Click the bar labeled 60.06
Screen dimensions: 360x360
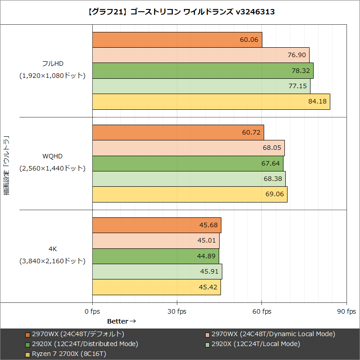pos(177,40)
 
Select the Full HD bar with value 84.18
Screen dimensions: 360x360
pos(211,102)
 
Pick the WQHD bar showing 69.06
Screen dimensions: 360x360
pos(189,194)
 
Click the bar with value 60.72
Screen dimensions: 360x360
pos(178,133)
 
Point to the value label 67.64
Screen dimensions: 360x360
pos(270,163)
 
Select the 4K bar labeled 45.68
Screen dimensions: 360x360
pos(157,225)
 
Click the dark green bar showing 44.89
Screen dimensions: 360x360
pos(155,256)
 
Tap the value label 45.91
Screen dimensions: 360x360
pos(209,271)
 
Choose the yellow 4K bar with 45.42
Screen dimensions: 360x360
pos(156,287)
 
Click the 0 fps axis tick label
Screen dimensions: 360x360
pos(92,311)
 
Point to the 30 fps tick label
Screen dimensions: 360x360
pos(177,311)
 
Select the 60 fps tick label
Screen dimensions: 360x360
pos(261,311)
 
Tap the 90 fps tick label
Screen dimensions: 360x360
pos(346,311)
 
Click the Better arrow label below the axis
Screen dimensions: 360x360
pos(121,321)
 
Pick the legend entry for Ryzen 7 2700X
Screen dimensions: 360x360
pos(69,354)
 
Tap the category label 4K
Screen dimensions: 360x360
pos(52,248)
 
